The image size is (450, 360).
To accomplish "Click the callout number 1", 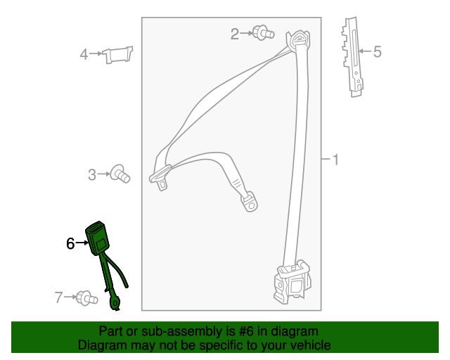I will [x=335, y=160].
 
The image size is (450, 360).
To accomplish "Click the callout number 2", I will [x=235, y=33].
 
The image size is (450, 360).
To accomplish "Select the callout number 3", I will [x=91, y=174].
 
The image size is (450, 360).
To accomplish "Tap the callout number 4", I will [x=84, y=54].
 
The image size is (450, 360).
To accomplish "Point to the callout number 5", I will [x=377, y=51].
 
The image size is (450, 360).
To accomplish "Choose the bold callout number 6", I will [x=70, y=243].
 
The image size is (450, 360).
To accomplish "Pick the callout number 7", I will [x=59, y=298].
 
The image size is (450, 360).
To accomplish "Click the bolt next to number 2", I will [x=263, y=32].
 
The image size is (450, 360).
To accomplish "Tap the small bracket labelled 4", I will [x=117, y=54].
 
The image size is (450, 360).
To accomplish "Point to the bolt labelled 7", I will [x=86, y=298].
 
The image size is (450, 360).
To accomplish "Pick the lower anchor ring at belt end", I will [x=250, y=202].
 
